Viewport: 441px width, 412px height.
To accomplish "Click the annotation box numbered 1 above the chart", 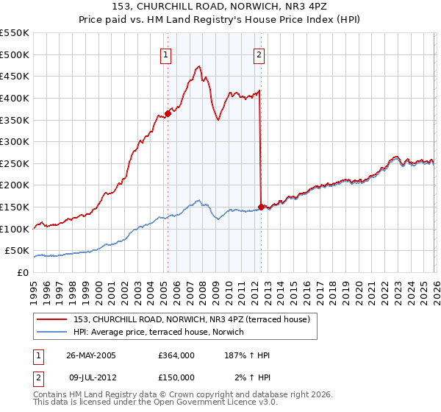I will tap(167, 54).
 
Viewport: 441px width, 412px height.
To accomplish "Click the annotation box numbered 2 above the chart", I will tap(260, 54).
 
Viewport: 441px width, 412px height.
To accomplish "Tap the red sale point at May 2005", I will tap(168, 113).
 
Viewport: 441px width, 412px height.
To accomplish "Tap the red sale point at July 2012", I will tap(261, 207).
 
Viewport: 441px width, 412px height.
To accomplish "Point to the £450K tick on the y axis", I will tap(16, 76).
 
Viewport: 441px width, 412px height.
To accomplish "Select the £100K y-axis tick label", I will tap(16, 229).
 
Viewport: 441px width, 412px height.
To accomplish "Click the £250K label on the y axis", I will tap(16, 163).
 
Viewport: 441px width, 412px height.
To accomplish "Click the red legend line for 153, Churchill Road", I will tap(53, 319).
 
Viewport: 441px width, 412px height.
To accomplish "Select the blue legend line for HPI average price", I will tap(53, 332).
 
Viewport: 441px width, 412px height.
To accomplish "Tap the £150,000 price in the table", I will tap(176, 377).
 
